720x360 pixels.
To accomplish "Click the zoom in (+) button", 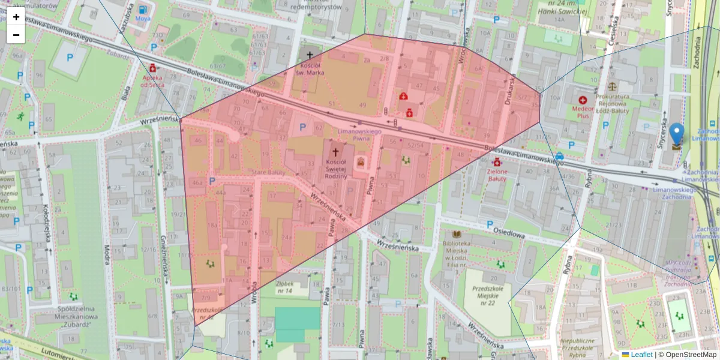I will [x=16, y=17].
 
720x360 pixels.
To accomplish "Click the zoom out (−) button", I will [x=16, y=35].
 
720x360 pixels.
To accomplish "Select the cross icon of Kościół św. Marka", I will [x=310, y=55].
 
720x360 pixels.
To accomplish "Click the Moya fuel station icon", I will [x=143, y=10].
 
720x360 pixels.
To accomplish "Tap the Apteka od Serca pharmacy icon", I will [x=153, y=67].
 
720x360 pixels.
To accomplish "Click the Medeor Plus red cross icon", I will [x=582, y=100].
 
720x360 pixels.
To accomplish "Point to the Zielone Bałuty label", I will [x=497, y=175].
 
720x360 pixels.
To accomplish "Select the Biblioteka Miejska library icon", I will [x=457, y=233].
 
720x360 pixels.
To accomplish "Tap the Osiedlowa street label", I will [x=509, y=235].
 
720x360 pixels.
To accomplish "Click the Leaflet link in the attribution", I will [x=641, y=355].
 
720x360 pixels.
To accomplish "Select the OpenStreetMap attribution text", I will [x=687, y=355].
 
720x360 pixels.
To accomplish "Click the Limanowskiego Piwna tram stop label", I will [x=360, y=134].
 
